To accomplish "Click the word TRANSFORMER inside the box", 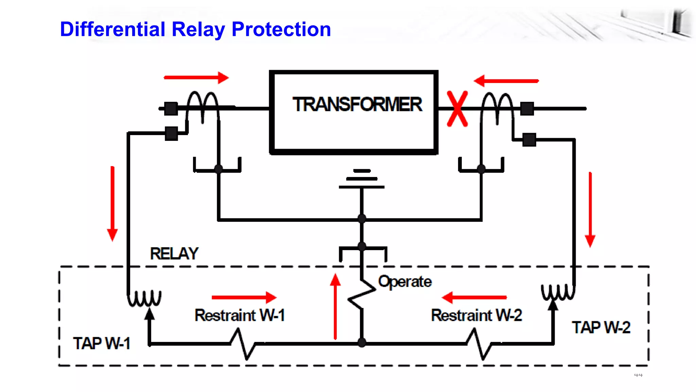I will pyautogui.click(x=357, y=104).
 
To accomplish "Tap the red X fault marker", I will pyautogui.click(x=457, y=109).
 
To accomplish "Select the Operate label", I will pyautogui.click(x=405, y=282).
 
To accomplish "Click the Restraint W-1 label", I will pyautogui.click(x=240, y=315).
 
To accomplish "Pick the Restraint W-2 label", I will pyautogui.click(x=476, y=315).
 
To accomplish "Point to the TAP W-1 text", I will pyautogui.click(x=102, y=343).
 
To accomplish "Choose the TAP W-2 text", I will pyautogui.click(x=601, y=327).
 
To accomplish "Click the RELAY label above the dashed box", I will pyautogui.click(x=174, y=254).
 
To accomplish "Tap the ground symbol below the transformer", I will pyautogui.click(x=362, y=179).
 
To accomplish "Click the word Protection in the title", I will pyautogui.click(x=281, y=29).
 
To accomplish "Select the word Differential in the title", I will pyautogui.click(x=112, y=29).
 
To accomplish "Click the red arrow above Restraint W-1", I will pyautogui.click(x=244, y=297).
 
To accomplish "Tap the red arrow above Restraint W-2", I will pyautogui.click(x=474, y=297).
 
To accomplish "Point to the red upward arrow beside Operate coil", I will pyautogui.click(x=335, y=306).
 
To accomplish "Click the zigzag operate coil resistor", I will pyautogui.click(x=362, y=294).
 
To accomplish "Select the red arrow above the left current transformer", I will pyautogui.click(x=196, y=78).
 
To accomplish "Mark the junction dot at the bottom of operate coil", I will pyautogui.click(x=362, y=343).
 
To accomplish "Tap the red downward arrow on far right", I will pyautogui.click(x=590, y=209).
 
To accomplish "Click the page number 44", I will pyautogui.click(x=638, y=375).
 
